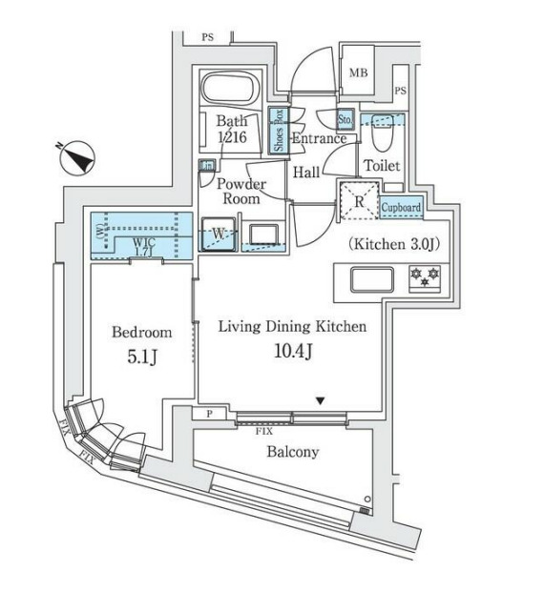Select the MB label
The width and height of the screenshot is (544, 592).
pyautogui.click(x=358, y=73)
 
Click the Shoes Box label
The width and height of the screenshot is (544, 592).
pyautogui.click(x=279, y=131)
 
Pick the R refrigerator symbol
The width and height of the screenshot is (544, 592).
pyautogui.click(x=360, y=202)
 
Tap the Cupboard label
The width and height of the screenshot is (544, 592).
pyautogui.click(x=401, y=207)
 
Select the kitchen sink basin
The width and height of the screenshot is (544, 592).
pyautogui.click(x=371, y=279)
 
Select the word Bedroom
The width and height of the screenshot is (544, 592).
pyautogui.click(x=141, y=333)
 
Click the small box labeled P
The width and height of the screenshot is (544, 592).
pyautogui.click(x=210, y=414)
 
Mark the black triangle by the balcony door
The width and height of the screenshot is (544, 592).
pyautogui.click(x=321, y=400)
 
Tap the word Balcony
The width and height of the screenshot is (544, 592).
pyautogui.click(x=293, y=452)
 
